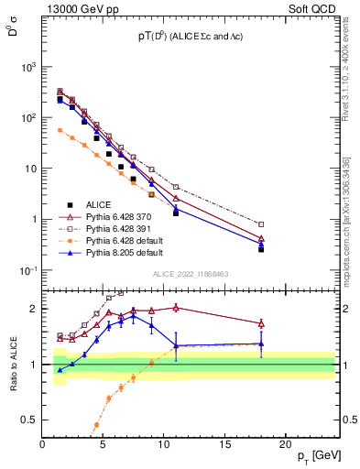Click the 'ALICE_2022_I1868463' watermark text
[190, 275]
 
